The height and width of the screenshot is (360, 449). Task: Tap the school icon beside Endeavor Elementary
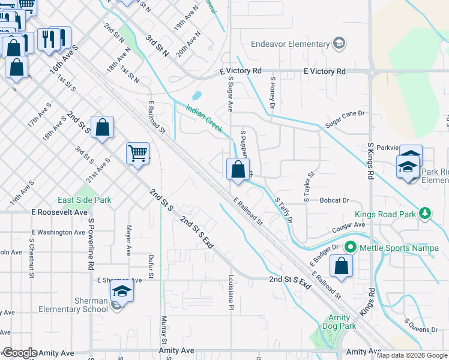(x=339, y=43)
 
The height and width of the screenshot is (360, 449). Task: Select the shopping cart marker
(x=137, y=154)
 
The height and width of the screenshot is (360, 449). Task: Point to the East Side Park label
(x=84, y=200)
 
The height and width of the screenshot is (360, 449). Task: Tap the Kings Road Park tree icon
(x=425, y=213)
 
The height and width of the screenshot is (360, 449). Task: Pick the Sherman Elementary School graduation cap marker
(x=122, y=292)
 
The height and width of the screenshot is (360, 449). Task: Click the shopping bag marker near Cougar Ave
(x=341, y=267)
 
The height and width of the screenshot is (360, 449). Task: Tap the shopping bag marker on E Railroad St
(x=238, y=170)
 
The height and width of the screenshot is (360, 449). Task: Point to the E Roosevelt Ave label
(x=59, y=212)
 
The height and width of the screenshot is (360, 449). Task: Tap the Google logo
(x=19, y=353)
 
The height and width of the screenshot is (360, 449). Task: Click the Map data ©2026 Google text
(x=412, y=355)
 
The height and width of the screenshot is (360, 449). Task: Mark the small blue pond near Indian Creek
(x=197, y=95)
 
